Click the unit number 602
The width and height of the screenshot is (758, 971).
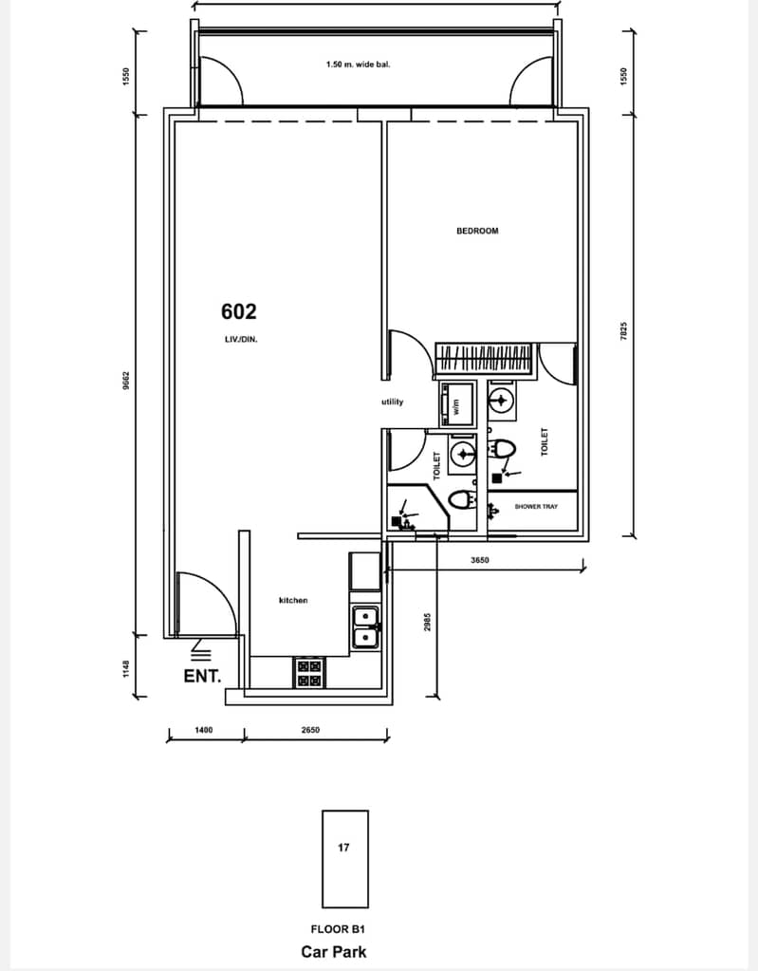coord(239,311)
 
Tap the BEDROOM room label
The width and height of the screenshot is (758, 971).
coord(477,231)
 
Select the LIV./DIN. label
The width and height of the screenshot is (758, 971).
coord(241,340)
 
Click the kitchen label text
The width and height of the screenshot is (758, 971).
coord(293,600)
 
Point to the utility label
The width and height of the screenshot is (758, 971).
coord(393,401)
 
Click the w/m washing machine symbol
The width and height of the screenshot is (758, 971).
coord(458,405)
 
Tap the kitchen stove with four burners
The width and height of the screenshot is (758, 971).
coord(309,673)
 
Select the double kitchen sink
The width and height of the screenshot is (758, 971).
coord(366,627)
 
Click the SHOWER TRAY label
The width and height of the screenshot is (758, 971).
coord(536,507)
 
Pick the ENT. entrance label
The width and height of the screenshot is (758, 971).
coord(202,676)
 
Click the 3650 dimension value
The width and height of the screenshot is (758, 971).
coord(479,560)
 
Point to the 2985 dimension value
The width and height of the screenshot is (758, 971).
coord(427,623)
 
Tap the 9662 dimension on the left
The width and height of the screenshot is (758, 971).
coord(126,381)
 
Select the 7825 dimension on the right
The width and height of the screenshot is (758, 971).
coord(623,330)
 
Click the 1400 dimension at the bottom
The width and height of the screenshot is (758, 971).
coord(204,730)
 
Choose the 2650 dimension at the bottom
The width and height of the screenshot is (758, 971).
coord(310,730)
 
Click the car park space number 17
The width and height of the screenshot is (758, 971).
coord(344,848)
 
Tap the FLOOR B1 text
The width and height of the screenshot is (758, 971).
coord(338,929)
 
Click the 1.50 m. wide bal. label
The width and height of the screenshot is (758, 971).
coord(359,64)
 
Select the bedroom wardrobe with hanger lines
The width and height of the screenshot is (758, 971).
coord(484,359)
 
